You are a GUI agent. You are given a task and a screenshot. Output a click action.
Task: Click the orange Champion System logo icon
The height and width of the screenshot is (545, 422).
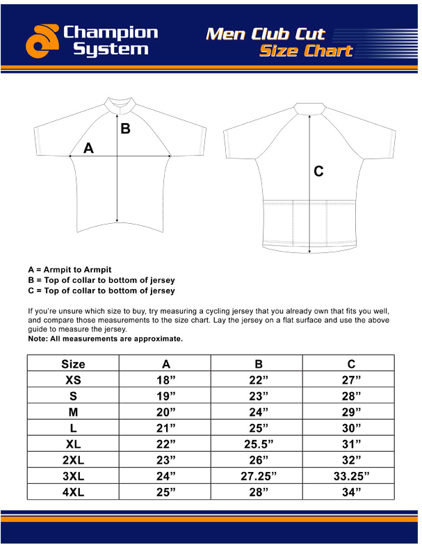coord(42,40)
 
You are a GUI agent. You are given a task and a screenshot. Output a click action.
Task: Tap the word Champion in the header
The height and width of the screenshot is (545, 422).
coord(111,33)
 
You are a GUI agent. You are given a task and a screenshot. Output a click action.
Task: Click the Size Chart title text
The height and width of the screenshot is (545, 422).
coord(305,51)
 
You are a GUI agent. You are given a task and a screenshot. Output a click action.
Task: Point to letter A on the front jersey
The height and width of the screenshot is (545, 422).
coord(88,147)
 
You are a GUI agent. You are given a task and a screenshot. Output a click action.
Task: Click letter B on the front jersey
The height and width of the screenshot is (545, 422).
coord(125,128)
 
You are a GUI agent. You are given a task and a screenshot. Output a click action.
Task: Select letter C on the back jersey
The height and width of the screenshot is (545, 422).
coord(318,171)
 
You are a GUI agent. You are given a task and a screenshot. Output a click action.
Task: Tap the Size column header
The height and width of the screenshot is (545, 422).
coord(73,364)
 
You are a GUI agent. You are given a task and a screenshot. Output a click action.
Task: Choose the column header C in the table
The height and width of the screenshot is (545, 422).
coord(352,364)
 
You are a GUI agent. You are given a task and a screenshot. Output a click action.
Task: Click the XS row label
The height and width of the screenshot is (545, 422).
coord(73,380)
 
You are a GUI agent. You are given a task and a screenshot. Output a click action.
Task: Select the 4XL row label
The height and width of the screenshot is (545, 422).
coord(73,492)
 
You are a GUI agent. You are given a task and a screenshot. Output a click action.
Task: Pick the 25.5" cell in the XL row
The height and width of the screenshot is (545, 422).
coord(258,444)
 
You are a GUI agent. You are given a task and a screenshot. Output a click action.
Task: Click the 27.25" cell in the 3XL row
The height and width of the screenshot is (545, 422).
coord(258,476)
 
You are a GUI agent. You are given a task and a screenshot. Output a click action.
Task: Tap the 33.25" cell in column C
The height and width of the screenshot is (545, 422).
coord(352,476)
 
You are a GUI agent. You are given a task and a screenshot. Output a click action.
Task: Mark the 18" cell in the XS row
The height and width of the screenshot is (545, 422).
coord(165,380)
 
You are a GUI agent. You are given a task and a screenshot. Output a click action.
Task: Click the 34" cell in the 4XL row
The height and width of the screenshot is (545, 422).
coord(352,492)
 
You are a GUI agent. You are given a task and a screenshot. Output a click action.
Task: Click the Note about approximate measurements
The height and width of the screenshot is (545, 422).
coord(105,339)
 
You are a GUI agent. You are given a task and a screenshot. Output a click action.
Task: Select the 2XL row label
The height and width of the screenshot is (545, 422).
coord(73,460)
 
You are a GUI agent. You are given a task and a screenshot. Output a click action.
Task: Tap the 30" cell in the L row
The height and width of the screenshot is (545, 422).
coord(352,428)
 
